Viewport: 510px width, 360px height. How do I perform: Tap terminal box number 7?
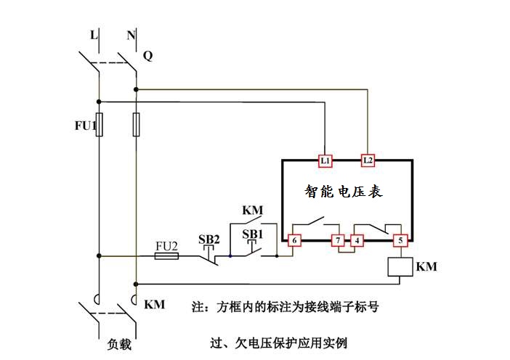(x=337, y=240)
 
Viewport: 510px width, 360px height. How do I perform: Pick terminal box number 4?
(x=357, y=240)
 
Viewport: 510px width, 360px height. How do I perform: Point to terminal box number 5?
(x=398, y=240)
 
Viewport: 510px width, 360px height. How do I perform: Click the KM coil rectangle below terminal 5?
(x=398, y=267)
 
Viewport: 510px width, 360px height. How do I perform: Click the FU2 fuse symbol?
(x=167, y=255)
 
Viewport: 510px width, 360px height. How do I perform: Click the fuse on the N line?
(x=136, y=124)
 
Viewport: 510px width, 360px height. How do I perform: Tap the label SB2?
(x=209, y=239)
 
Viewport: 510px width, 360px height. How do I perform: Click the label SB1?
(x=252, y=234)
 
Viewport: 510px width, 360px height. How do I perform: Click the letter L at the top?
(x=93, y=34)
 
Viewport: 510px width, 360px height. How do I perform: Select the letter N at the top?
(x=131, y=34)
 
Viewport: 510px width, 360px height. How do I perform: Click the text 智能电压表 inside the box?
(x=343, y=192)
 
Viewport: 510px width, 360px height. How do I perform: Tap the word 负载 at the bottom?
(x=118, y=344)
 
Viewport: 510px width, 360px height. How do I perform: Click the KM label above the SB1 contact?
(x=252, y=210)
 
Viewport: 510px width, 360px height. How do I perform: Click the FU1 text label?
(x=85, y=126)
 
